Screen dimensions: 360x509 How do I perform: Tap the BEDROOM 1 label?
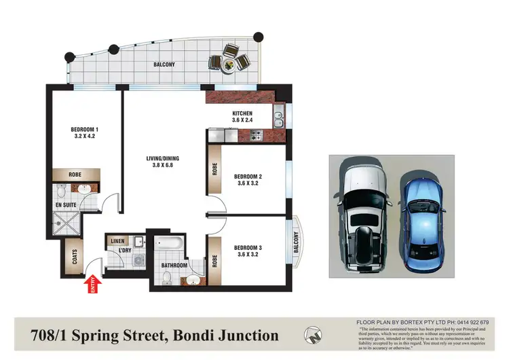(x=85, y=130)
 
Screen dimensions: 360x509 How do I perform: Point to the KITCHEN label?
(x=242, y=113)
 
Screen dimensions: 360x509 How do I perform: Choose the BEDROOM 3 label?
(x=248, y=248)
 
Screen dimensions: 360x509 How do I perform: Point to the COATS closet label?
(x=73, y=257)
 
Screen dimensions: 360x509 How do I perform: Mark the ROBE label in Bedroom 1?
(x=76, y=175)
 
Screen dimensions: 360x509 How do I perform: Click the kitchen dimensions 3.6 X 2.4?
(x=242, y=121)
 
